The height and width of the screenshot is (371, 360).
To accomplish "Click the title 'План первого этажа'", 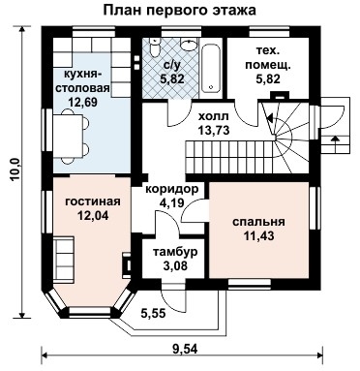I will coord(180,11).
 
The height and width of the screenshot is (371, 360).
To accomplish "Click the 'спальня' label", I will coord(258,221).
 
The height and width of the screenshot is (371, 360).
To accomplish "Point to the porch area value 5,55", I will coord(152,314).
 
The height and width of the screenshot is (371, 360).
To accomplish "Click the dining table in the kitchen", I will coord(67,138).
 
